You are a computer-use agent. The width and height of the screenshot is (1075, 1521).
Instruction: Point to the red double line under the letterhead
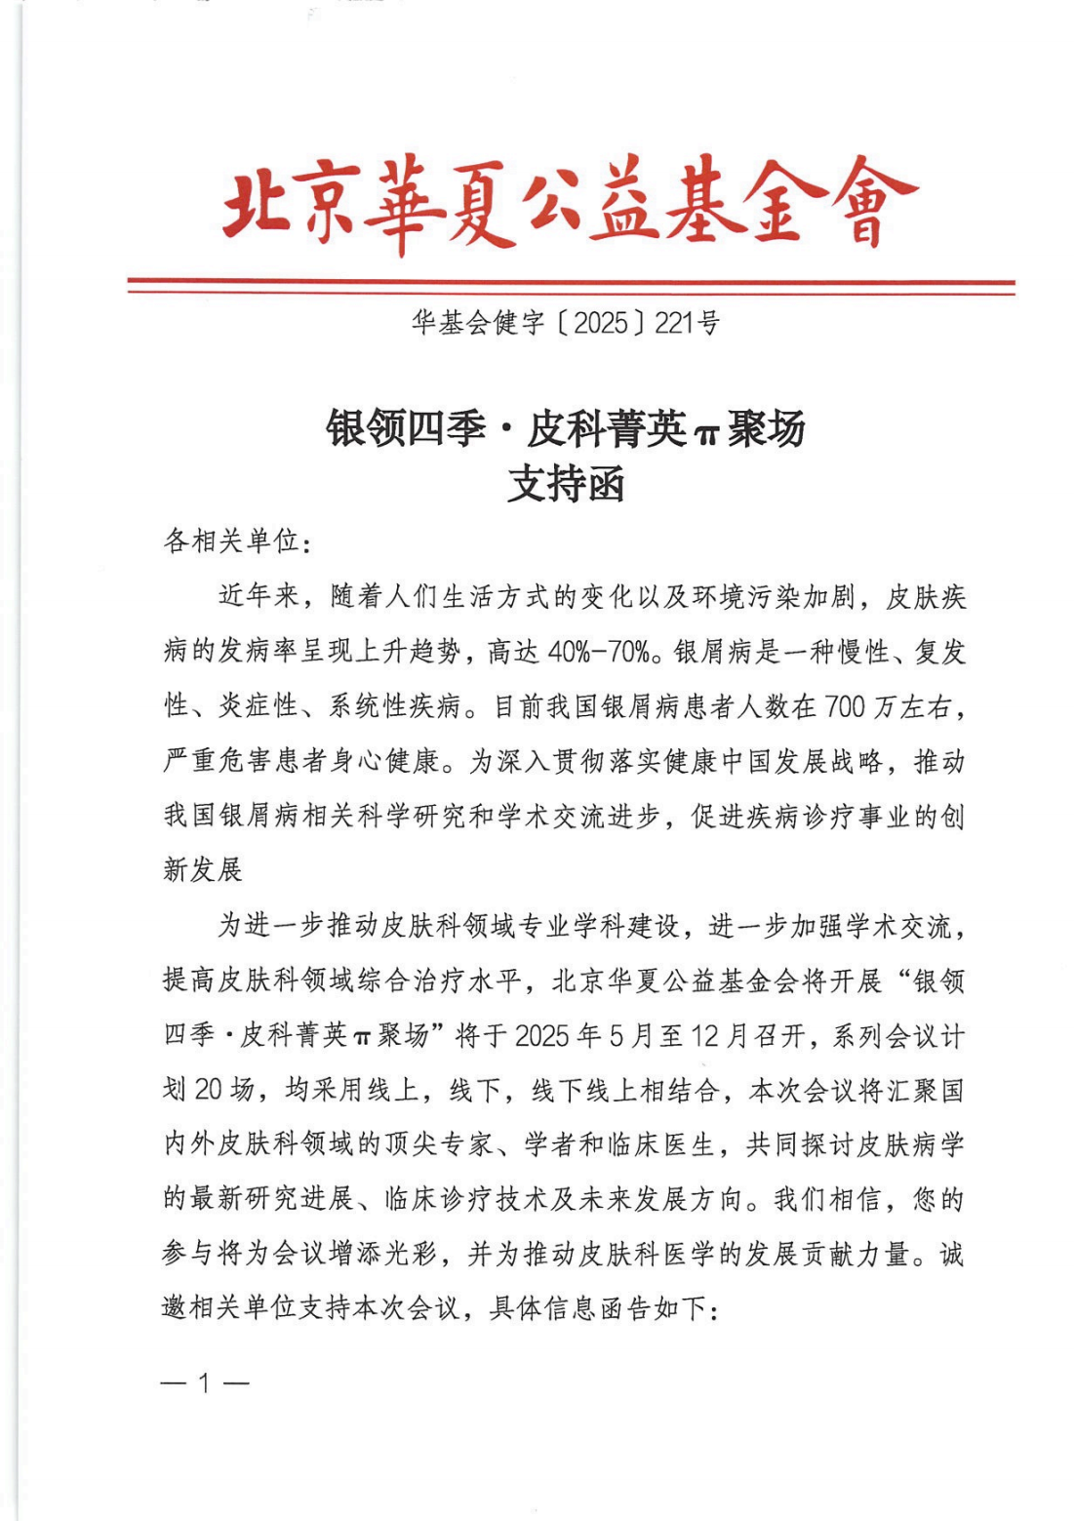[x=571, y=286]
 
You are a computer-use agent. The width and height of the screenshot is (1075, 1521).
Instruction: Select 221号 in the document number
[x=688, y=323]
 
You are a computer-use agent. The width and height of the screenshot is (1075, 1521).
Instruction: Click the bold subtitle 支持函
[x=566, y=484]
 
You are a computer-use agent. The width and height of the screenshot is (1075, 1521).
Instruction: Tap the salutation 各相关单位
[x=230, y=540]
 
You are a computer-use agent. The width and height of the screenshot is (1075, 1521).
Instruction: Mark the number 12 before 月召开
[x=704, y=1035]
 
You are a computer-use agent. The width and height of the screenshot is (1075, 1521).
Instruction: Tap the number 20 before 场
[x=208, y=1090]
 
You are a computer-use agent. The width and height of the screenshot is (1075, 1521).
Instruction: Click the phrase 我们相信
[x=828, y=1199]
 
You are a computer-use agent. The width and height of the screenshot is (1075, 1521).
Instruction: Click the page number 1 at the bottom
[x=205, y=1382]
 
